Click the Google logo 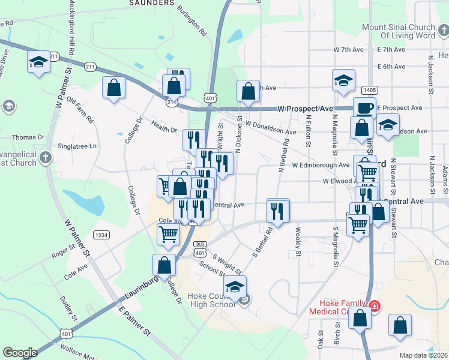click(20, 353)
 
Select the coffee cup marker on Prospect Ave click(364, 108)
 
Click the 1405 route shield click(370, 89)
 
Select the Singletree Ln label click(76, 146)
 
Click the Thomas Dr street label click(28, 137)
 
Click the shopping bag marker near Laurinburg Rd click(164, 266)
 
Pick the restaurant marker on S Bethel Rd click(277, 211)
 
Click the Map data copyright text click(424, 355)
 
